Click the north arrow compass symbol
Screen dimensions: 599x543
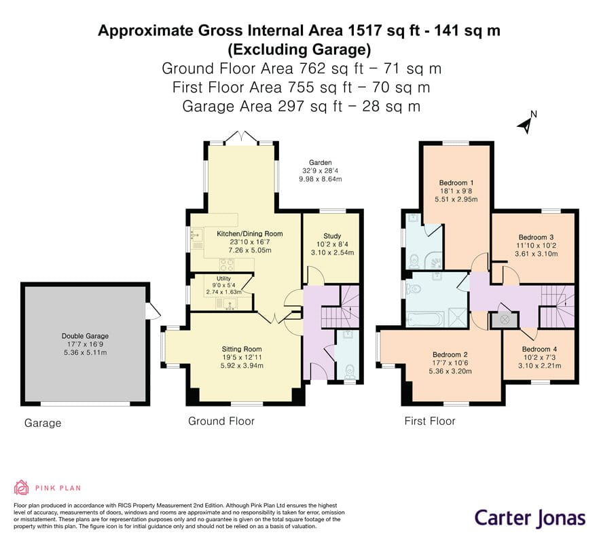click(527, 123)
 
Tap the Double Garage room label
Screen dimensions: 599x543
click(85, 336)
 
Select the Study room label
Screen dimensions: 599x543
click(332, 236)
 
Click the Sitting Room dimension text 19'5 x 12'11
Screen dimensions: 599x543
click(242, 358)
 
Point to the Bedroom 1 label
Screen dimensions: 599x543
click(456, 183)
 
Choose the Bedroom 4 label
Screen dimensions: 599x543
click(539, 349)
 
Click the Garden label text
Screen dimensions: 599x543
click(320, 162)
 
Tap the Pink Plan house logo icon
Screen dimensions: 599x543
click(22, 487)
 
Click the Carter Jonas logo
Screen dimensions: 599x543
click(530, 519)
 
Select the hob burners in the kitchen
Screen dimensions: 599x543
click(227, 264)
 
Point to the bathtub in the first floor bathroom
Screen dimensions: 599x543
click(424, 319)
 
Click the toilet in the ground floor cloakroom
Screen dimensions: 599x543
click(349, 371)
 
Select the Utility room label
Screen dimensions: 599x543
click(223, 278)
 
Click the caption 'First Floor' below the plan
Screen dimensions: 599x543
click(430, 422)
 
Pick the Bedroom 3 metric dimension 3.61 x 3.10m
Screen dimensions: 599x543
click(536, 254)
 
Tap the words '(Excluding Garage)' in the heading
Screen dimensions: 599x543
click(299, 50)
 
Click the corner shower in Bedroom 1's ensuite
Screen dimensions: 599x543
click(435, 261)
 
